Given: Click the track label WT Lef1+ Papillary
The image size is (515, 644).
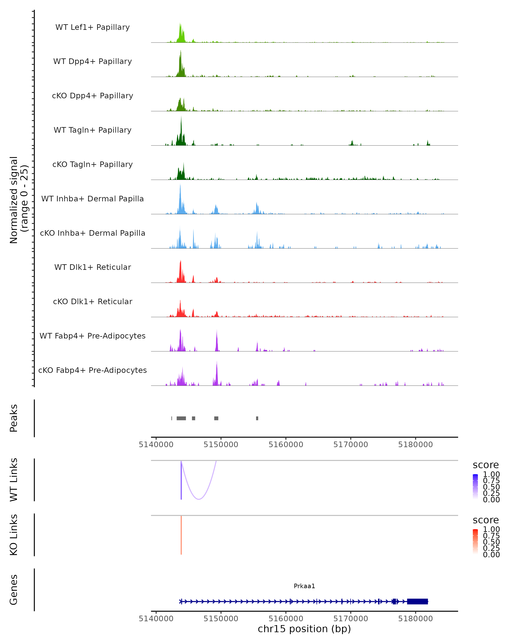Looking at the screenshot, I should (92, 27).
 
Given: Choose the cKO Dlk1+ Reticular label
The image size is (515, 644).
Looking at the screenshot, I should (92, 301).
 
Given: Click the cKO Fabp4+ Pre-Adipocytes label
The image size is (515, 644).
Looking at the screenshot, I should (92, 370).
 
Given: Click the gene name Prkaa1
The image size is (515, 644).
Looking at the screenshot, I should (304, 586).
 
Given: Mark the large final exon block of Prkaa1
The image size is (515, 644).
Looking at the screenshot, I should (417, 601).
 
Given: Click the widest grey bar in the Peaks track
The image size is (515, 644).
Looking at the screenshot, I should (181, 418).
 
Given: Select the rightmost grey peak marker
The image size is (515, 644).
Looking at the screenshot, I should (257, 418).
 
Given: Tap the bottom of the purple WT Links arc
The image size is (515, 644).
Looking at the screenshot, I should (199, 499).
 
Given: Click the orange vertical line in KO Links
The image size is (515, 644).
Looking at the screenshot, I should (181, 535).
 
